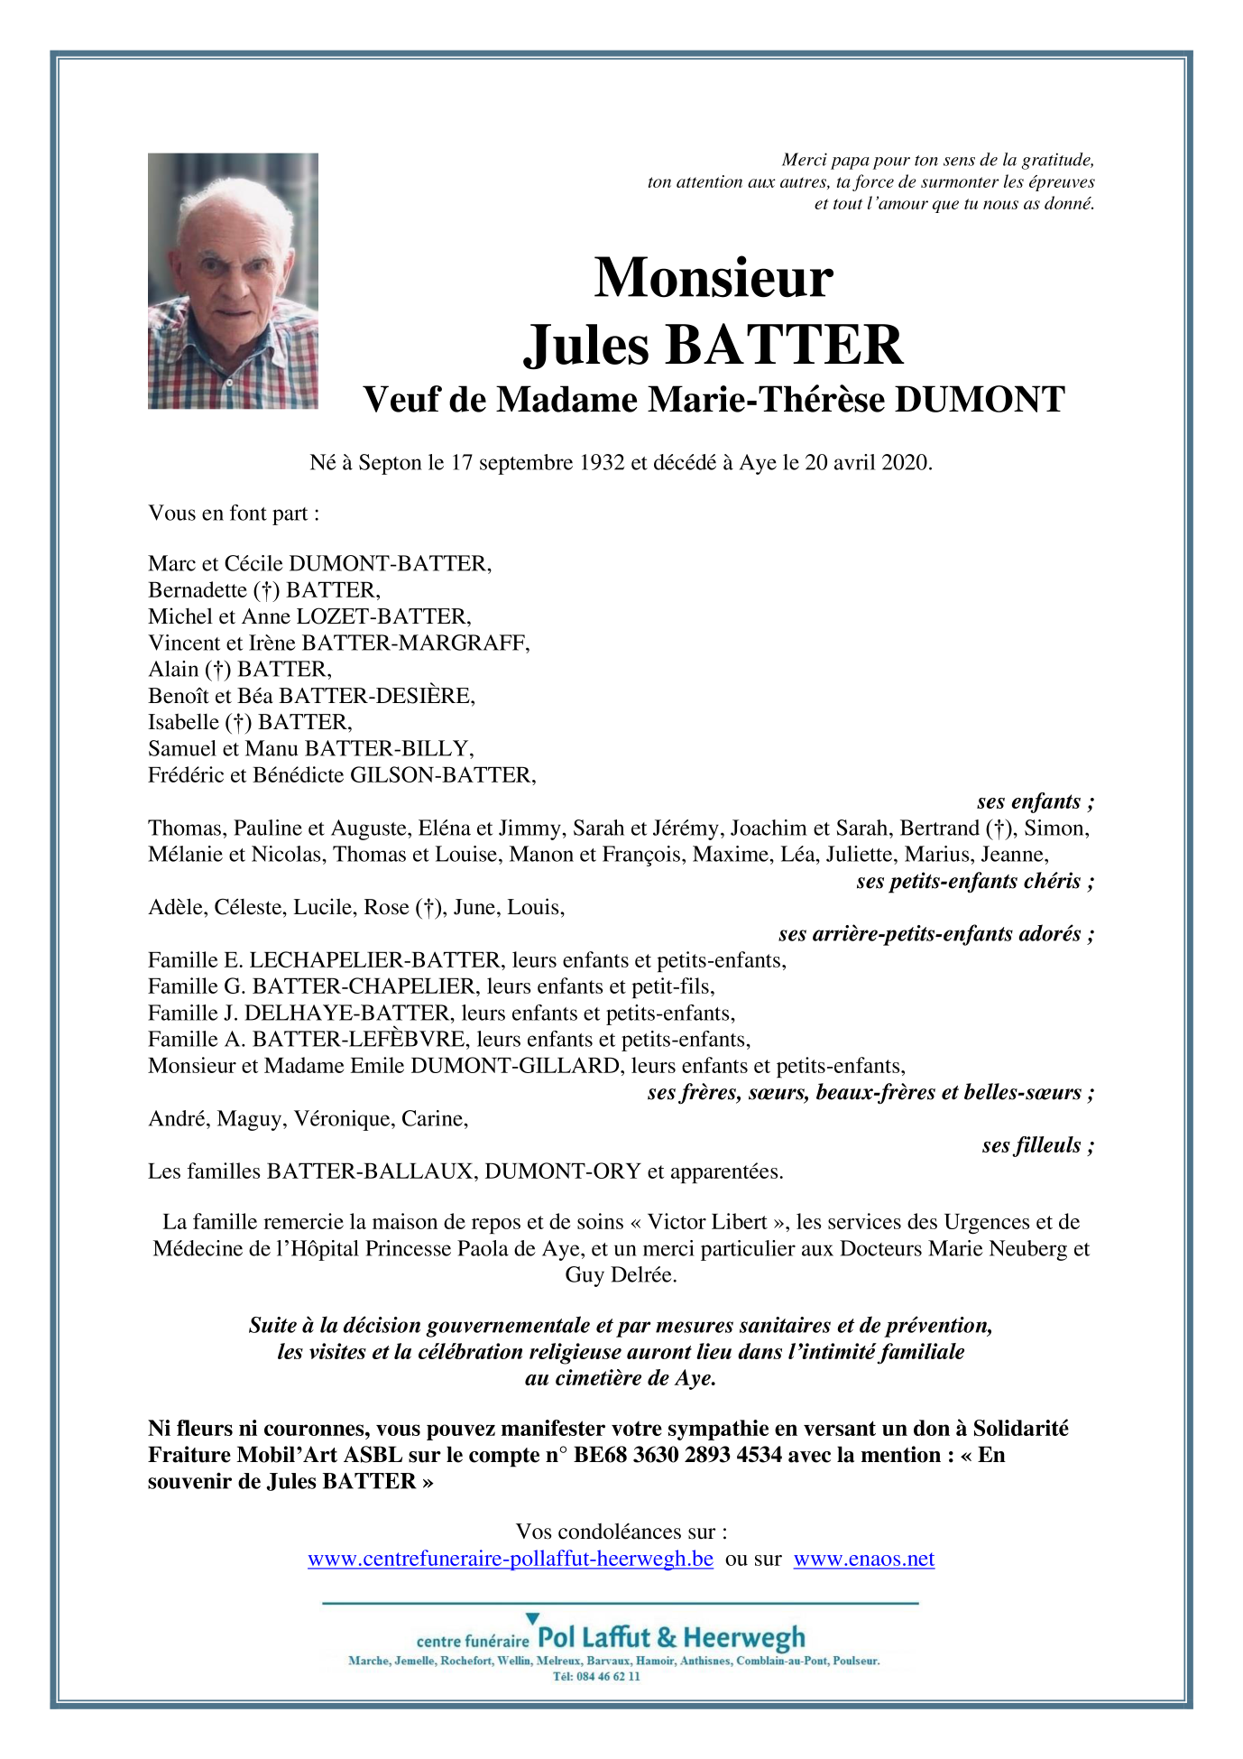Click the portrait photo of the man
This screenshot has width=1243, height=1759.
pyautogui.click(x=233, y=281)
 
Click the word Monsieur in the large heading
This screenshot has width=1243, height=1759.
pyautogui.click(x=713, y=277)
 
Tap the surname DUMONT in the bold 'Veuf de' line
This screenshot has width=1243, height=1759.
pyautogui.click(x=980, y=400)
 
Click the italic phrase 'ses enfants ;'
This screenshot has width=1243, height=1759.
pyautogui.click(x=1035, y=801)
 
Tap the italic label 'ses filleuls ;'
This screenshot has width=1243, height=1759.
pyautogui.click(x=1037, y=1145)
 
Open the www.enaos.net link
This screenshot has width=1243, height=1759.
pyautogui.click(x=863, y=1559)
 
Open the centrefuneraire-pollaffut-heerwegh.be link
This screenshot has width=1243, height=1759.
pyautogui.click(x=511, y=1559)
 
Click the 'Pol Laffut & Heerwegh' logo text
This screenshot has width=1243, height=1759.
pyautogui.click(x=671, y=1637)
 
